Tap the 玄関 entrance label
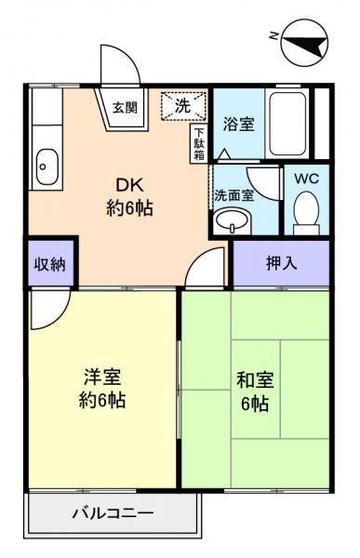coord(126,107)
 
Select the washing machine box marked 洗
coord(182,106)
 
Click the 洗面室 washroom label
coord(232,195)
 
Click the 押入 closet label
coord(281,263)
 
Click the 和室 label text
coord(253,379)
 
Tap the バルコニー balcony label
coord(112,512)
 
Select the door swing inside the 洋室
coord(47,312)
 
